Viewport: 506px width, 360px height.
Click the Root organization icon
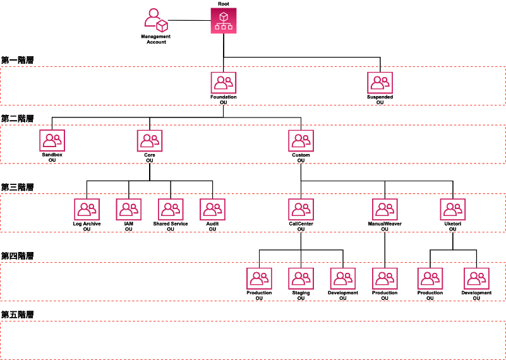[x=223, y=21]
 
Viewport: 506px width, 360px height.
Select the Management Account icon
[x=156, y=20]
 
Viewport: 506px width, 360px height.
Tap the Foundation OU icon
[x=223, y=83]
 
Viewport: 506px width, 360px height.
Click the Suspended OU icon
[x=380, y=83]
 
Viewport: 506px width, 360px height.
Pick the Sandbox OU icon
[x=52, y=141]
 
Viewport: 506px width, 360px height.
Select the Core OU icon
[x=149, y=141]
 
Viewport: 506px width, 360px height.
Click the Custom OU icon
[x=301, y=141]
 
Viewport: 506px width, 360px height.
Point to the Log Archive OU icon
[x=87, y=210]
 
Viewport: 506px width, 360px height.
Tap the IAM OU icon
[x=128, y=210]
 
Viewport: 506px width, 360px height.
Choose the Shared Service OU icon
[x=171, y=210]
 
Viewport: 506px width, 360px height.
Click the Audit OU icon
[x=212, y=210]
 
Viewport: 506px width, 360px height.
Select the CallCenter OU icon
[x=301, y=210]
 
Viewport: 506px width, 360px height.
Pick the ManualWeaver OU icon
[x=385, y=210]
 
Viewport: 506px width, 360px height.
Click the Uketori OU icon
[x=452, y=210]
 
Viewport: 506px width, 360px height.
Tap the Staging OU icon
[x=301, y=279]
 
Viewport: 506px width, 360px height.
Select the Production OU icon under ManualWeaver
[x=385, y=279]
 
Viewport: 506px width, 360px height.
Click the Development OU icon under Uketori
[x=476, y=279]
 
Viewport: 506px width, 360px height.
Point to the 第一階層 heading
[x=17, y=60]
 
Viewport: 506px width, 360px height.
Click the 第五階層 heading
[x=17, y=314]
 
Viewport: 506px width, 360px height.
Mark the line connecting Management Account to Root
[x=190, y=20]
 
